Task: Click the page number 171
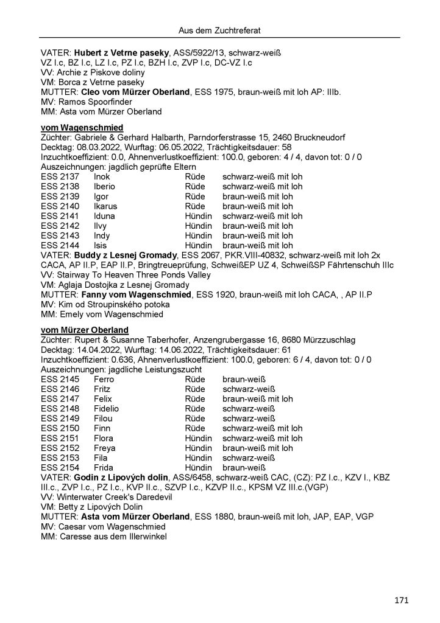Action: pyautogui.click(x=400, y=601)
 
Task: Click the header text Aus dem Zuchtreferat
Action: pyautogui.click(x=219, y=29)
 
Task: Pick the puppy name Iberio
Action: pyautogui.click(x=105, y=186)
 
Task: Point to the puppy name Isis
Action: pyautogui.click(x=102, y=245)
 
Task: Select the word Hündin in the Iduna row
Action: pyautogui.click(x=198, y=215)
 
